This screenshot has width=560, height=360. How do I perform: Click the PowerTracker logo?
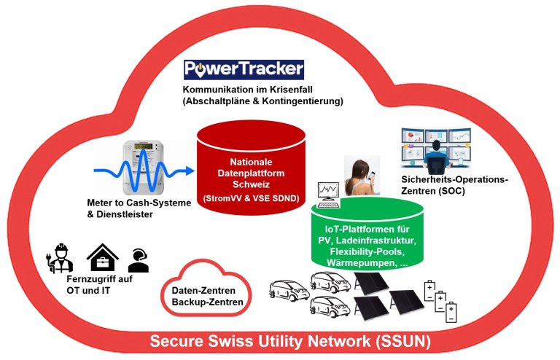click(x=243, y=70)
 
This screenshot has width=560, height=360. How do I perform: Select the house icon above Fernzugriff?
click(x=102, y=257)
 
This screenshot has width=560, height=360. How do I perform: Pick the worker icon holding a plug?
click(x=63, y=257)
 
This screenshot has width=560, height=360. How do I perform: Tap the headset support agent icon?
click(x=139, y=259)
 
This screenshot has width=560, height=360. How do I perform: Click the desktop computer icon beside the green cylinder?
click(x=327, y=192)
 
